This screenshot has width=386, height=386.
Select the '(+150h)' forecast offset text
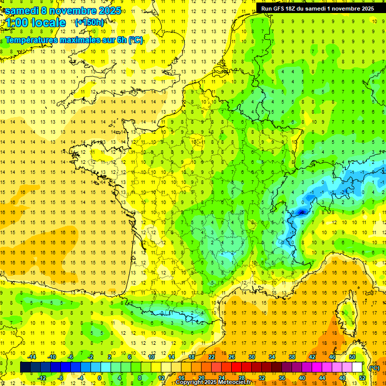89,23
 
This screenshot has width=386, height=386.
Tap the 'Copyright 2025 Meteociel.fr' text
213,382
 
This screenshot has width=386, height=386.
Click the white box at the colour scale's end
357,367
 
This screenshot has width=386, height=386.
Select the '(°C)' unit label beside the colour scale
374,367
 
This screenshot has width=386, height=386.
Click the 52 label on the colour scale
362,377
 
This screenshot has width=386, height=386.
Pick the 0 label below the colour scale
100,377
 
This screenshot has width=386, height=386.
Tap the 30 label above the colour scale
251,357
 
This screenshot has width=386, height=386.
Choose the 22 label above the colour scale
212,357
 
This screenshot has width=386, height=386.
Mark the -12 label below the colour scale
42,377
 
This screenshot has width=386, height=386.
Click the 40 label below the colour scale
302,377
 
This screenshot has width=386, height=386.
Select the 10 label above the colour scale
151,357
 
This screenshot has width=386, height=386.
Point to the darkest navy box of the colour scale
25,367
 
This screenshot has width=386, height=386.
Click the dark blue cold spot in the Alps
302,212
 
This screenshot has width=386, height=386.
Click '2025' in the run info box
363,9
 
